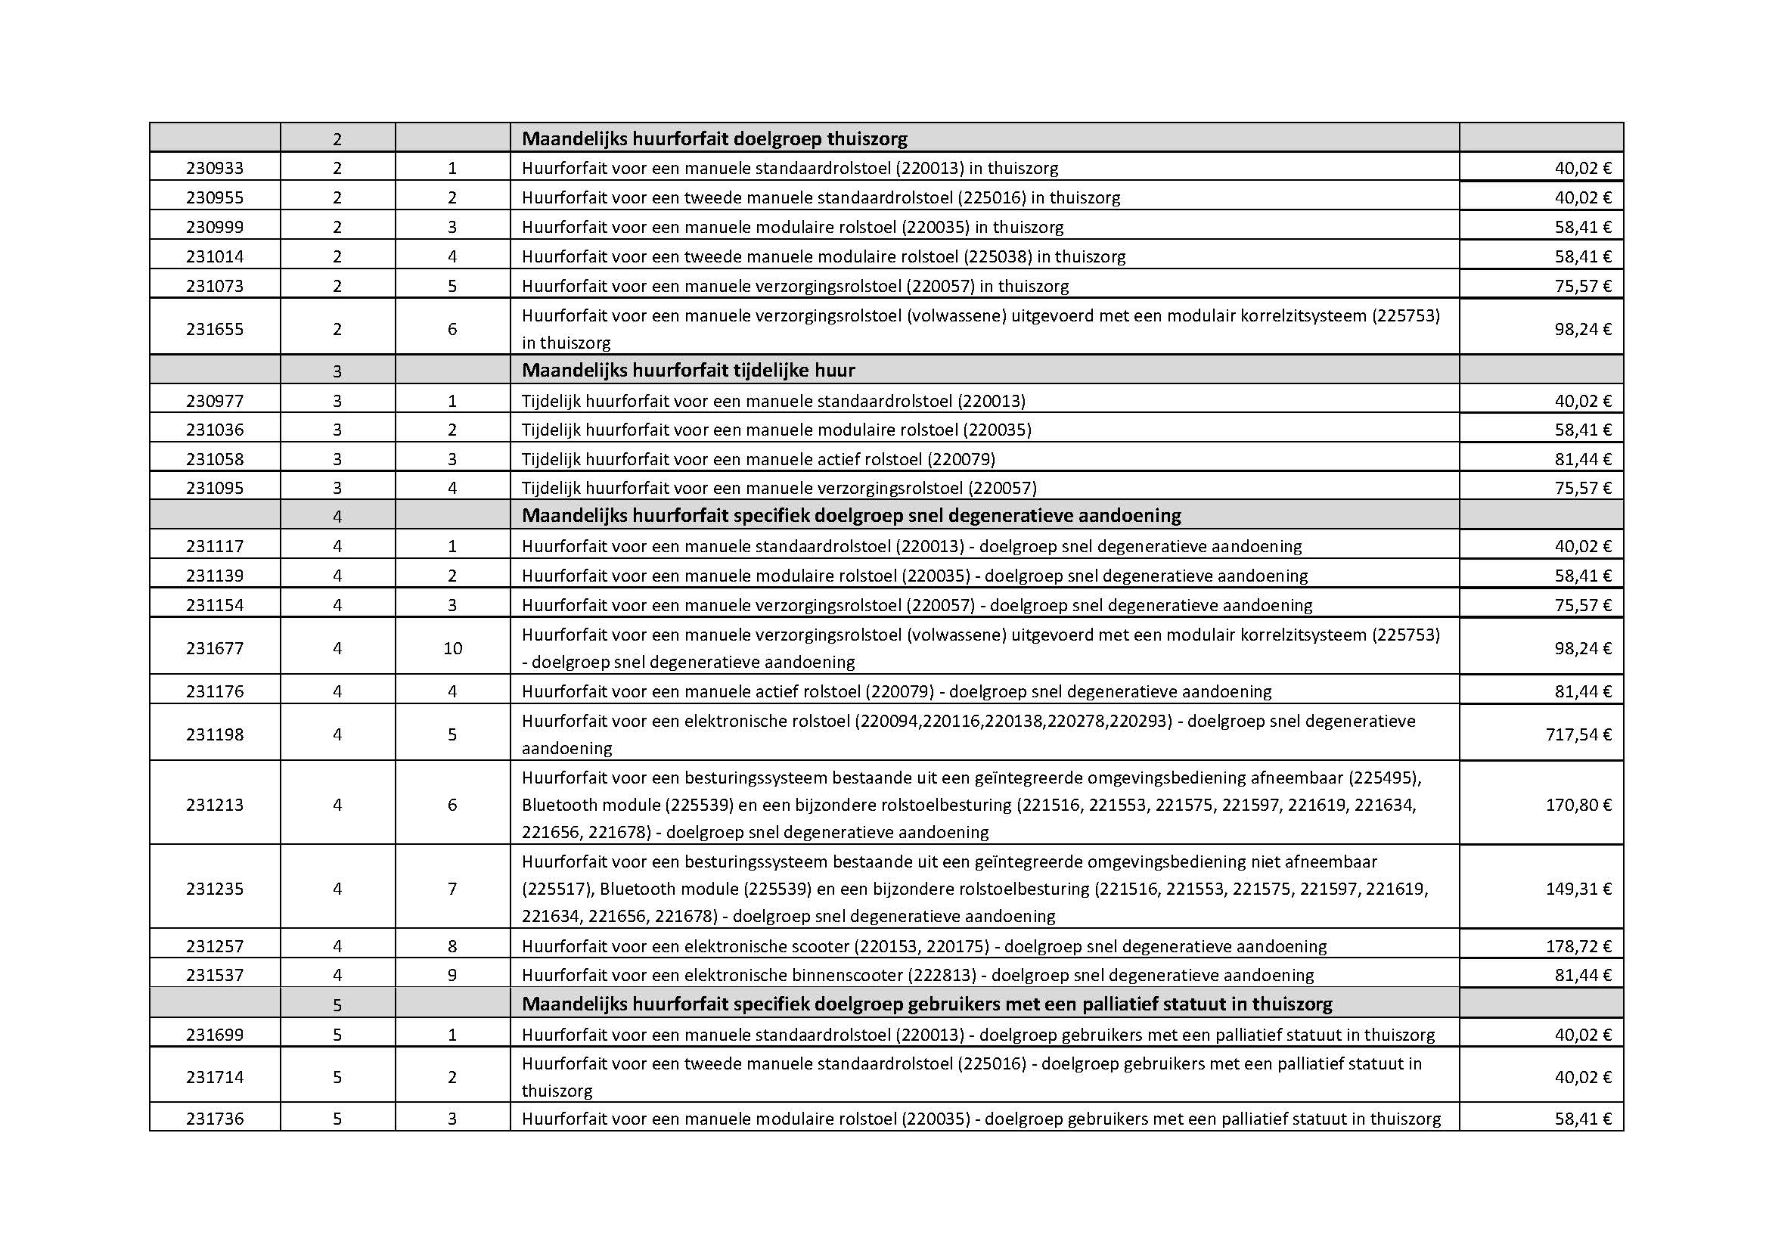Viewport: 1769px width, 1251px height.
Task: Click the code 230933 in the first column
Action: point(214,168)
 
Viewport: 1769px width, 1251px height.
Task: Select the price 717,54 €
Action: point(1578,734)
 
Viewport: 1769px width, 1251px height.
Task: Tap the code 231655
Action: point(214,329)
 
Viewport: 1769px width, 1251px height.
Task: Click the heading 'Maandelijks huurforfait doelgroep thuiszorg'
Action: point(714,138)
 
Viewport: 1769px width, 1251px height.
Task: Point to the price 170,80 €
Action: point(1578,805)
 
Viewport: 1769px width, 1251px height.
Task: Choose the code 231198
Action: point(214,734)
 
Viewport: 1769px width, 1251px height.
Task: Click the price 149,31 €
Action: point(1578,889)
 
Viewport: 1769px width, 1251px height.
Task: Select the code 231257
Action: point(214,946)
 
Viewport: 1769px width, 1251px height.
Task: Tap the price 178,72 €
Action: point(1578,946)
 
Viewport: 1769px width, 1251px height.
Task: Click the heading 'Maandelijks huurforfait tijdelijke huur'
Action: point(688,371)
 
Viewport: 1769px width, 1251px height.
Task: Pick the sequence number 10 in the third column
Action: point(452,649)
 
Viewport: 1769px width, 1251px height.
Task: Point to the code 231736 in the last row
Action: point(214,1119)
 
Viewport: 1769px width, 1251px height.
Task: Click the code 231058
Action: point(214,459)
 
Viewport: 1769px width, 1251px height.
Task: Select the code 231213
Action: point(214,805)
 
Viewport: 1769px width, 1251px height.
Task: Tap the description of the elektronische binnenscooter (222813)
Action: point(917,975)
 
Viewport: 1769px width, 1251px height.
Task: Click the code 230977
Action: point(214,401)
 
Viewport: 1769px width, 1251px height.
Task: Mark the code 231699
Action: point(214,1035)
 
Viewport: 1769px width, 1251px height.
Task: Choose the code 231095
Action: point(214,488)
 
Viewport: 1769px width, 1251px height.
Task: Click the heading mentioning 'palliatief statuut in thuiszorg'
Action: point(927,1004)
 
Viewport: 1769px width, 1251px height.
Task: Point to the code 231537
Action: point(214,975)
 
